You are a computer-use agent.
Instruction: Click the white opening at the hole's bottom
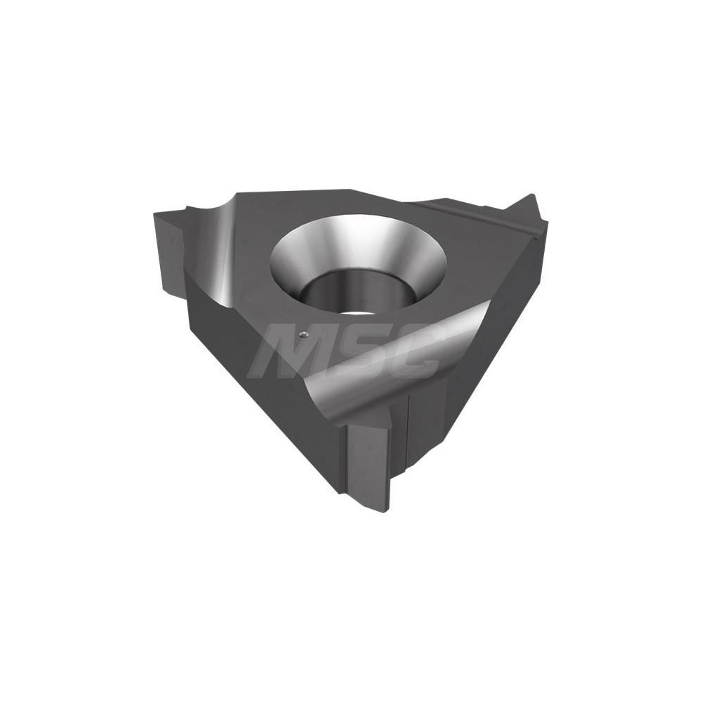click(x=351, y=310)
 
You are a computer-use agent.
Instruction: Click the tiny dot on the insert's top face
click(x=303, y=335)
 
